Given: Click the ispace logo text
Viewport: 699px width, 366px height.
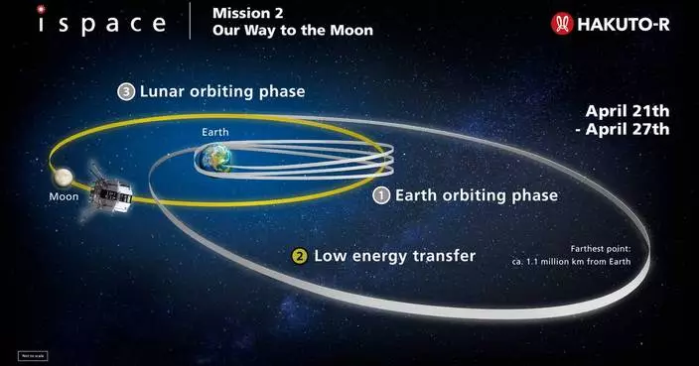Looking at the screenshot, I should (x=102, y=23).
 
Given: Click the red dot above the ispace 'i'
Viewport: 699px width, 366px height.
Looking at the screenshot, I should (x=41, y=9).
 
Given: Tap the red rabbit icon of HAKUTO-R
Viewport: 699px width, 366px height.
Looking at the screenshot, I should (x=563, y=23).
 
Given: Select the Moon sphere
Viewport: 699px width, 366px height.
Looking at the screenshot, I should (x=62, y=178).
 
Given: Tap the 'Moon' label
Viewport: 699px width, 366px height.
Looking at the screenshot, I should (x=63, y=196).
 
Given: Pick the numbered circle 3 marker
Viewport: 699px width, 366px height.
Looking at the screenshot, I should (x=125, y=91).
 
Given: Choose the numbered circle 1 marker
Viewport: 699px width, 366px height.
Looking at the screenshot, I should (x=380, y=195).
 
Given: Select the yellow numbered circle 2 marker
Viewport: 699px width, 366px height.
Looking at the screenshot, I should (x=298, y=255).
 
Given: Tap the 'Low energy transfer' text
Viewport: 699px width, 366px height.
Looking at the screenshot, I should (x=394, y=255).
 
